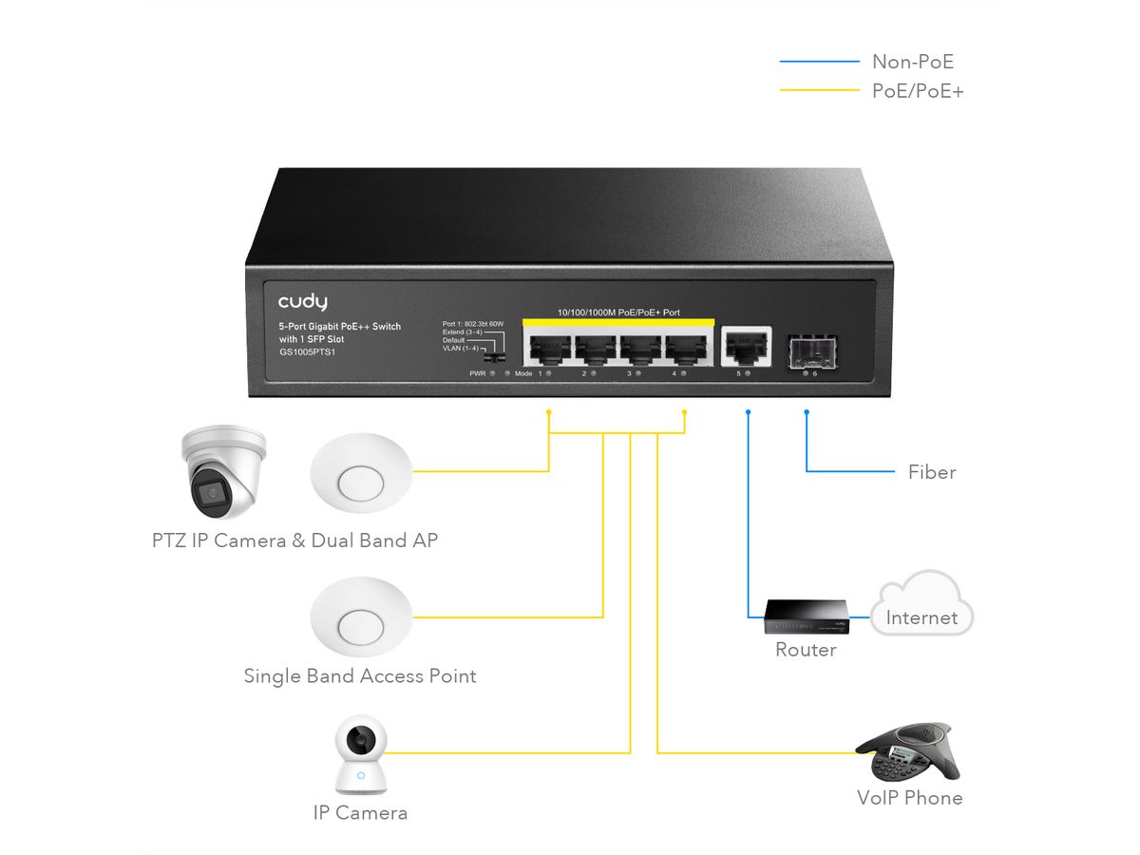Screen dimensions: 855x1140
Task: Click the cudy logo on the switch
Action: tap(302, 302)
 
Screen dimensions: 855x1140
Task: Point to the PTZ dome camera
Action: tap(222, 472)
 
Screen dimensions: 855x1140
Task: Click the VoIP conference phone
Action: tap(908, 752)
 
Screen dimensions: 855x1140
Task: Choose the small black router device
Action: tap(806, 618)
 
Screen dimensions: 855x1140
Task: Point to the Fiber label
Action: tap(932, 472)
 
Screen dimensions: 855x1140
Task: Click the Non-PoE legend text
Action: tap(912, 63)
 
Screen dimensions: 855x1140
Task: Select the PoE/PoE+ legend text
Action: tap(918, 91)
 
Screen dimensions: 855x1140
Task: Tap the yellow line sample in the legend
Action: tap(818, 91)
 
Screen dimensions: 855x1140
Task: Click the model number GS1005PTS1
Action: tap(308, 352)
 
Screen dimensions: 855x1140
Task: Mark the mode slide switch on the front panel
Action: tap(491, 360)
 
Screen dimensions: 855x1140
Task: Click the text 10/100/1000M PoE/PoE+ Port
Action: tap(617, 312)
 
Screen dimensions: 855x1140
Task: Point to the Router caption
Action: tap(806, 650)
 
